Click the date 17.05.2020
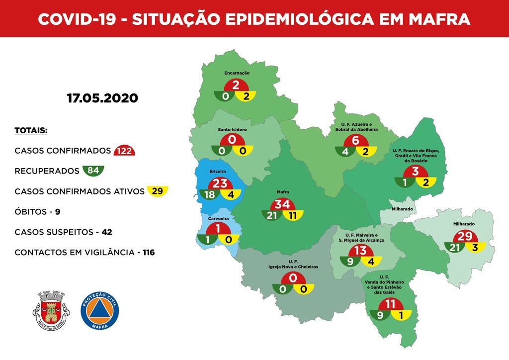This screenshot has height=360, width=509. [102, 98]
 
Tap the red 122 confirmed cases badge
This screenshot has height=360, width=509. [124, 151]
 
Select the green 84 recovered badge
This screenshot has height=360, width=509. [93, 171]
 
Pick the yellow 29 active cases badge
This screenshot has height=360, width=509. [158, 191]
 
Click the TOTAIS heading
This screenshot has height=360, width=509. [31, 131]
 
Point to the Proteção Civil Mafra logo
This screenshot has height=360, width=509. [99, 310]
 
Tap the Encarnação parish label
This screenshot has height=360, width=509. [237, 73]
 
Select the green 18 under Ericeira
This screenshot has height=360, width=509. [208, 195]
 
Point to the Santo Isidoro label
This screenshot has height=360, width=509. [232, 129]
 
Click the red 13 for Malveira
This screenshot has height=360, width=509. [361, 250]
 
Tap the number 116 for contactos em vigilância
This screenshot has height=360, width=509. [148, 253]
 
